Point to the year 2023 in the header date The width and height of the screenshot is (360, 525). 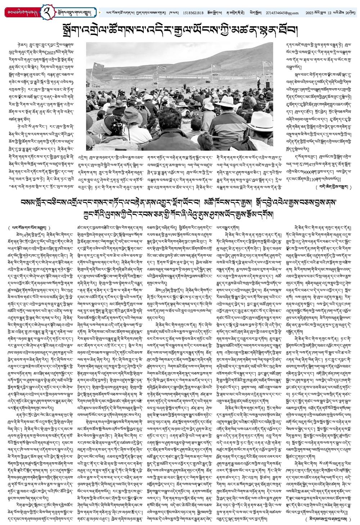(x=309, y=13)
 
